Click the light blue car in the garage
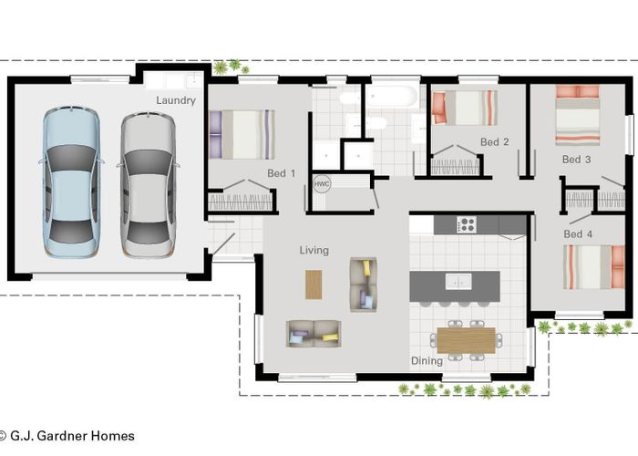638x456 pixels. point(71,181)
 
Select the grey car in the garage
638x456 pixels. point(148,184)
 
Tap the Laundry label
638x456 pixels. point(176,100)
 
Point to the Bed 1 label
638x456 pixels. point(281,173)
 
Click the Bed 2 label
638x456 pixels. point(494,142)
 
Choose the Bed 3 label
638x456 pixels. point(576,160)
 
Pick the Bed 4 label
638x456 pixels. point(578,234)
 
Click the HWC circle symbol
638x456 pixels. point(322,184)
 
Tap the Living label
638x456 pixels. point(314,251)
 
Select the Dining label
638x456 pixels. point(427,361)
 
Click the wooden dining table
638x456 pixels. point(467,340)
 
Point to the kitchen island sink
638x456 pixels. point(458,281)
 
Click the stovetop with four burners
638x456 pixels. point(467,224)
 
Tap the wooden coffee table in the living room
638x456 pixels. point(314,285)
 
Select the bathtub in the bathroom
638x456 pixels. point(392,96)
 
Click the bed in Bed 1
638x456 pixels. point(242,134)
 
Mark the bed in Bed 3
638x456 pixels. point(578,115)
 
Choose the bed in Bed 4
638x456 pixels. point(594,267)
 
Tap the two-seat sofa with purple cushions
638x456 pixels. point(314,334)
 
